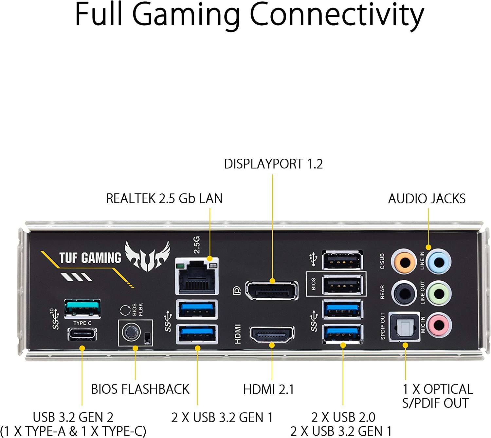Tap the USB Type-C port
82,334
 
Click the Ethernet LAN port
197,276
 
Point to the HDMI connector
272,335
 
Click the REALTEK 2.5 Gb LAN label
164,199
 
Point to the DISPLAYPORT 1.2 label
273,164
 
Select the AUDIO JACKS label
427,199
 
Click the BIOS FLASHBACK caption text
140,389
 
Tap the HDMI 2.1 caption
268,389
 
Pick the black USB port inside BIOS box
342,284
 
